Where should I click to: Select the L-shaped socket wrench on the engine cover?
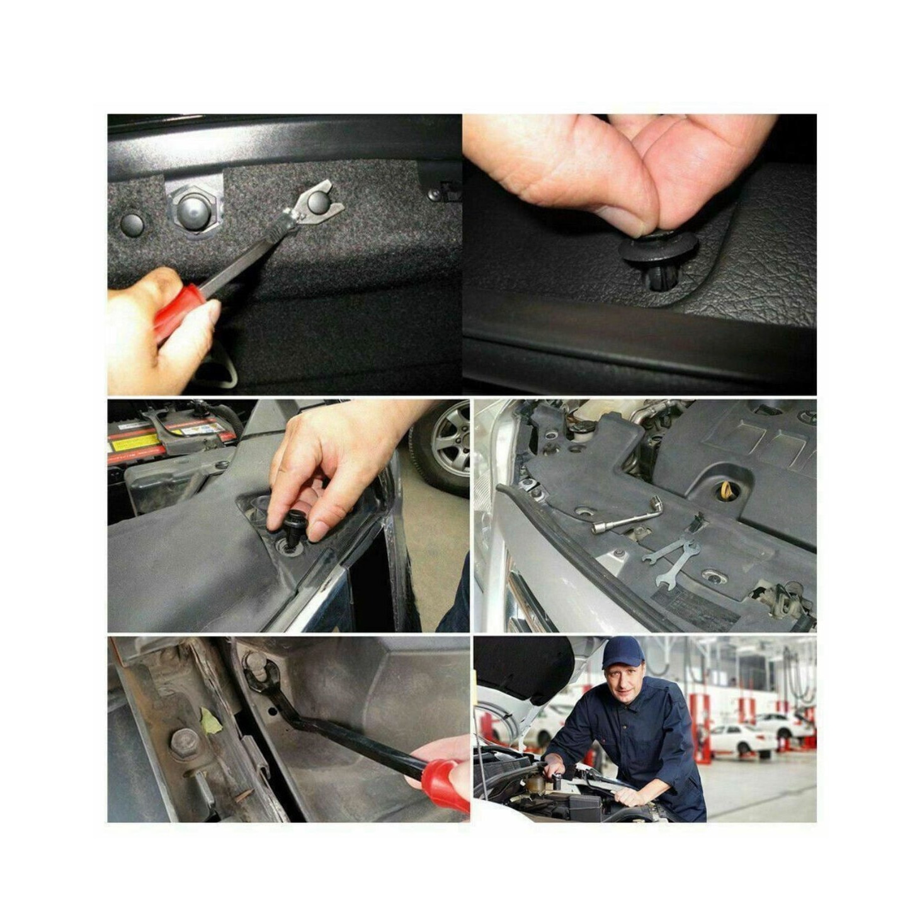pos(629,515)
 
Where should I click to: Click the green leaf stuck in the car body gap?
pos(210,722)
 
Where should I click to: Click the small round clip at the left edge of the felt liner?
pos(132,224)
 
